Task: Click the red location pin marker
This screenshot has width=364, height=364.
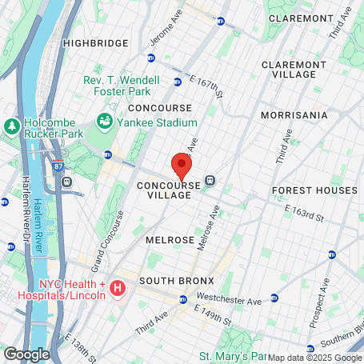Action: pyautogui.click(x=182, y=166)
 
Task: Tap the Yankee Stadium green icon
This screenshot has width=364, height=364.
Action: pyautogui.click(x=105, y=122)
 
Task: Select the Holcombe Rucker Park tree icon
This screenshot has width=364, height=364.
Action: pyautogui.click(x=12, y=126)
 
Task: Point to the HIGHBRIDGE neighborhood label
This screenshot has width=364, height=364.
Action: pyautogui.click(x=95, y=42)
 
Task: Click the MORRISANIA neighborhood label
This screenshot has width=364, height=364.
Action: pyautogui.click(x=294, y=115)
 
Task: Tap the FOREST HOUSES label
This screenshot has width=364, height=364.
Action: pyautogui.click(x=314, y=190)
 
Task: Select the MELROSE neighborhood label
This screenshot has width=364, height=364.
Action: pyautogui.click(x=170, y=240)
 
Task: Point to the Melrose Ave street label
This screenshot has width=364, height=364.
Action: pyautogui.click(x=206, y=227)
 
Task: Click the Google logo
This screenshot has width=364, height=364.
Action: pyautogui.click(x=26, y=354)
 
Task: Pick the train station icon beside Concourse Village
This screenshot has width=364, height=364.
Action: pyautogui.click(x=210, y=179)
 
